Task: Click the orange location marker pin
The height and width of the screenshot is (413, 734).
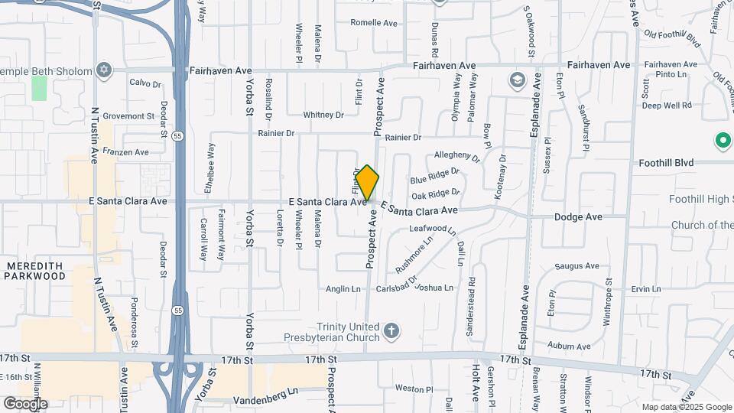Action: click(367, 183)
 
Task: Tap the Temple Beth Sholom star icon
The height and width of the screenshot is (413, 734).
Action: click(104, 71)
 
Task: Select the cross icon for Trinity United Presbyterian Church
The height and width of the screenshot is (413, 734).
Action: click(391, 331)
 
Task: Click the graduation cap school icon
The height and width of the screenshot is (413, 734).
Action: click(517, 80)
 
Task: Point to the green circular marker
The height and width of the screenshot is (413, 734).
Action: click(722, 141)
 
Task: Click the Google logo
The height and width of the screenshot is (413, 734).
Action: click(25, 403)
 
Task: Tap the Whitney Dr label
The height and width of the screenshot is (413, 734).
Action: click(323, 115)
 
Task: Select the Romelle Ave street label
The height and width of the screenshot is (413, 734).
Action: click(374, 23)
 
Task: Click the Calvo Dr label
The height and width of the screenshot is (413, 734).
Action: click(145, 83)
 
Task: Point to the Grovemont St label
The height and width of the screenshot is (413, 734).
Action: click(129, 116)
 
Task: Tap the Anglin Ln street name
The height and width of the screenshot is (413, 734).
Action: click(343, 289)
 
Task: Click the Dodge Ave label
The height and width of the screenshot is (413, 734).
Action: click(578, 217)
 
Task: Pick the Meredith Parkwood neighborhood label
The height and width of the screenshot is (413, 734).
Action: click(36, 270)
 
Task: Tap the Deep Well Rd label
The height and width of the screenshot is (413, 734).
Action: click(667, 105)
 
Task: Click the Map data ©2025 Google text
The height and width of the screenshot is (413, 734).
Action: click(686, 407)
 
